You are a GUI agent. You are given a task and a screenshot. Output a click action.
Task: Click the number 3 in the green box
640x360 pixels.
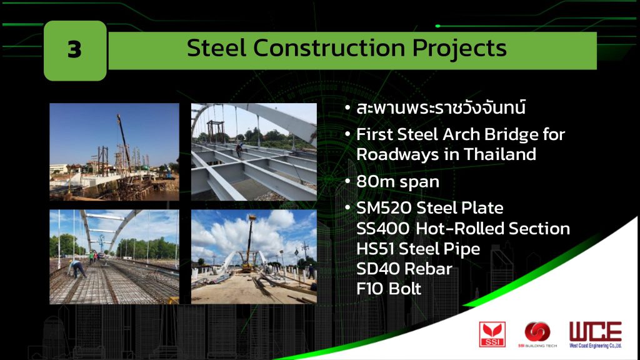(x=74, y=50)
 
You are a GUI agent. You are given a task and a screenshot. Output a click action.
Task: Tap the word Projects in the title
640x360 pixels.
(x=459, y=49)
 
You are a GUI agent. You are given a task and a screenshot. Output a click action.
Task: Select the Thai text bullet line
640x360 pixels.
(x=441, y=107)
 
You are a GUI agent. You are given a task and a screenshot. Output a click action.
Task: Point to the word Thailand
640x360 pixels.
(x=499, y=154)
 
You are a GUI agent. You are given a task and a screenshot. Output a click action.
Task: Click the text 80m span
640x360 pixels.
(x=397, y=182)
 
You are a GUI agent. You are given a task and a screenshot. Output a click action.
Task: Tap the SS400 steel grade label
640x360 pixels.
(x=382, y=229)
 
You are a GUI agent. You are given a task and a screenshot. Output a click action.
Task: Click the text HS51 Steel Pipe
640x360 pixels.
(x=418, y=249)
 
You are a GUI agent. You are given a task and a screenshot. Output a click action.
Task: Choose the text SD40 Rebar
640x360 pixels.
(x=404, y=269)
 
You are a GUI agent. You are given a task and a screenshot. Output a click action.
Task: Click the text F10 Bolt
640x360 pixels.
(x=389, y=289)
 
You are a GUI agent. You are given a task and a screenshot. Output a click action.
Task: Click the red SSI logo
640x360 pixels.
(x=492, y=334)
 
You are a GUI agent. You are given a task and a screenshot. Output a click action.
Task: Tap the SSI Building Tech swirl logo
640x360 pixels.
(x=537, y=332)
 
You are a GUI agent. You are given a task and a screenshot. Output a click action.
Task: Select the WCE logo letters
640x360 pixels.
(x=596, y=331)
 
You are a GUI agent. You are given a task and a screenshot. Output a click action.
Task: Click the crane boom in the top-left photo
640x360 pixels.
(x=124, y=141)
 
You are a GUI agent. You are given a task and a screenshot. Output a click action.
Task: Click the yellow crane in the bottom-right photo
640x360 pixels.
(x=247, y=245)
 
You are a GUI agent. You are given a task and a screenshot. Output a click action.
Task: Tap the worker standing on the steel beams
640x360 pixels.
(x=239, y=149)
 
